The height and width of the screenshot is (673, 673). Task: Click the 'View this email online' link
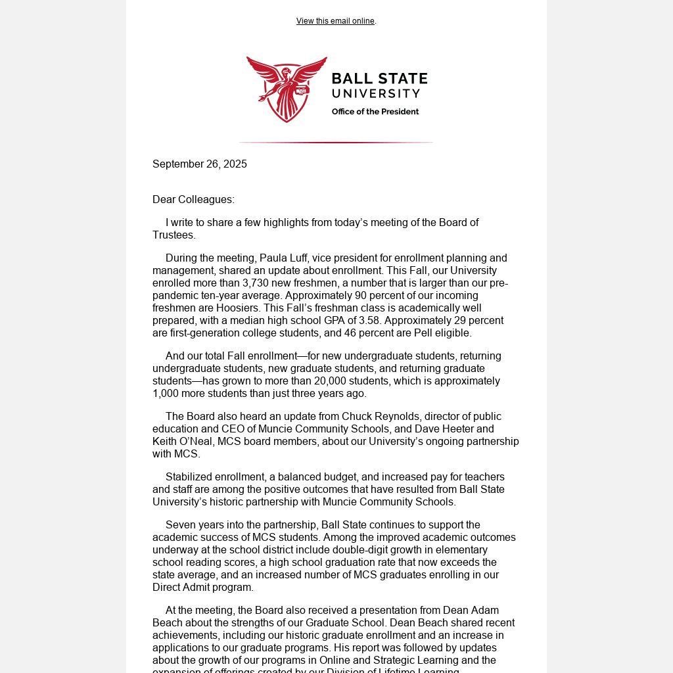(x=335, y=21)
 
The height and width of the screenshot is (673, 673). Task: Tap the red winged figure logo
(x=287, y=89)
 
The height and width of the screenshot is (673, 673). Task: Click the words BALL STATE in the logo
(x=379, y=79)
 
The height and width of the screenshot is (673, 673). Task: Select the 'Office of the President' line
(x=375, y=112)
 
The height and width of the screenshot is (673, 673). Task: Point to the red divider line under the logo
(x=336, y=142)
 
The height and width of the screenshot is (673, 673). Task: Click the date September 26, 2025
(x=200, y=164)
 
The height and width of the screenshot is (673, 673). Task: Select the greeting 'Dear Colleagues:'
(x=193, y=200)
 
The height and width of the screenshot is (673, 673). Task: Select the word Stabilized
(x=191, y=477)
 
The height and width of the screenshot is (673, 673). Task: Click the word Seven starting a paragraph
(x=181, y=525)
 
